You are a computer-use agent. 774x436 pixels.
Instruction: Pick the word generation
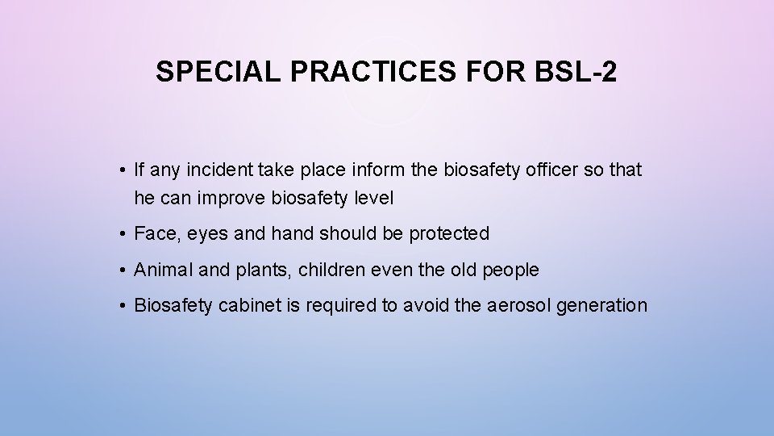point(607,306)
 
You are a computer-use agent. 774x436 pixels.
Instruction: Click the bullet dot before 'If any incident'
point(119,170)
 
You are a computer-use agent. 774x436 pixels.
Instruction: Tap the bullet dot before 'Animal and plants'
point(119,270)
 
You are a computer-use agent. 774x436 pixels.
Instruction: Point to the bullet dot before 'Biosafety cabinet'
point(119,305)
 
